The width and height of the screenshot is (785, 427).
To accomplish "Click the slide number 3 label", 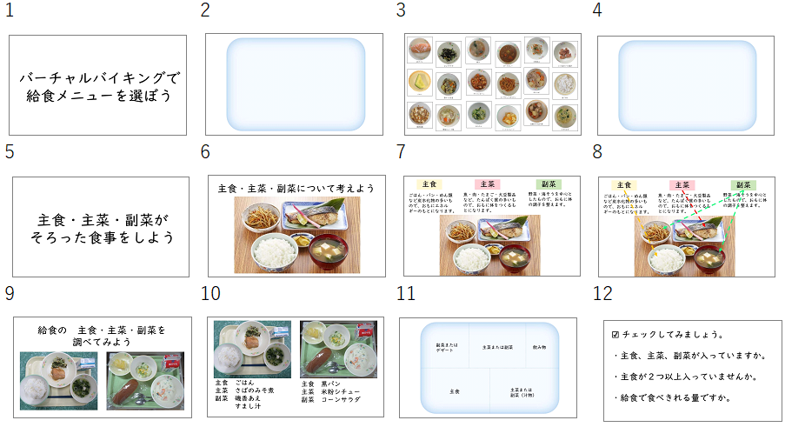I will pyautogui.click(x=402, y=10).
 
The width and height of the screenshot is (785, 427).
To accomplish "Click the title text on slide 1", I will pyautogui.click(x=97, y=85).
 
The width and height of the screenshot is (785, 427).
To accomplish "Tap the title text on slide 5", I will pyautogui.click(x=100, y=227).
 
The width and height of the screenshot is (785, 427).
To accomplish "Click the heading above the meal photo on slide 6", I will pyautogui.click(x=296, y=188).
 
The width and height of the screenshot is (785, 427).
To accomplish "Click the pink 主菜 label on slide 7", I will pyautogui.click(x=486, y=183).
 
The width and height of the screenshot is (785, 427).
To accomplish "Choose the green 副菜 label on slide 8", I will pyautogui.click(x=742, y=184).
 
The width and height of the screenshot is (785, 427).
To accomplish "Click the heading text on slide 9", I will pyautogui.click(x=101, y=336).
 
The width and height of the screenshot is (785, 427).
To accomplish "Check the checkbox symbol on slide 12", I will pyautogui.click(x=615, y=334).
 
